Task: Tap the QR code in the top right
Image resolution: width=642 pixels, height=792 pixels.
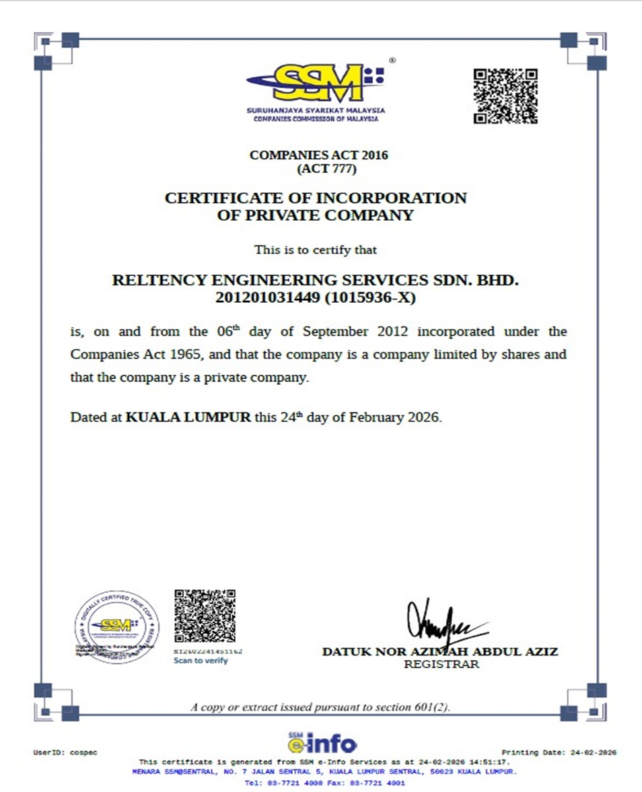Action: coord(505,96)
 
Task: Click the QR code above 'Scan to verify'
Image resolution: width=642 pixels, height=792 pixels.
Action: coord(205,616)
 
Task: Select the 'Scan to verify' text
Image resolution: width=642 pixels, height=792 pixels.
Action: coord(201,661)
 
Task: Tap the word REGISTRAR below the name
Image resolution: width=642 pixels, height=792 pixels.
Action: coord(441,665)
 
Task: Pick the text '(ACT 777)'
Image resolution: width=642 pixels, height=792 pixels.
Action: coord(326,169)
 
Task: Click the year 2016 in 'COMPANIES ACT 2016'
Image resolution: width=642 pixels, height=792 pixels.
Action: coord(374,155)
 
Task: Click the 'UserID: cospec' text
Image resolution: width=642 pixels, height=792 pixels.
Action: coord(65,752)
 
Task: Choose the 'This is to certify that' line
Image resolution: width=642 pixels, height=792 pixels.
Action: coord(315,250)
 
